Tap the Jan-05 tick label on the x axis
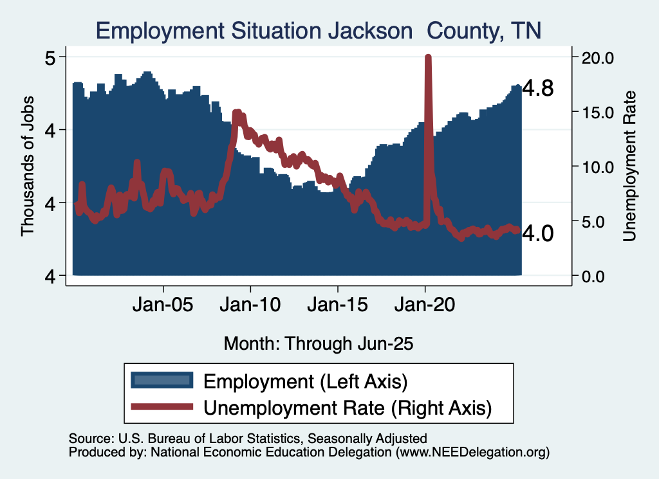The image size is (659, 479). (163, 305)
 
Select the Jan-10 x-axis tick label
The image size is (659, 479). (250, 305)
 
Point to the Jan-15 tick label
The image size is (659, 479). (338, 305)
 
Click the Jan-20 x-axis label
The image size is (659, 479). (425, 305)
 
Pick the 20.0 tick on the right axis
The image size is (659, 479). (598, 58)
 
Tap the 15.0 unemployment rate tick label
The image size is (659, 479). (598, 113)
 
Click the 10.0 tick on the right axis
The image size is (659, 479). (598, 167)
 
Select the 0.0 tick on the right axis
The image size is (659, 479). (598, 276)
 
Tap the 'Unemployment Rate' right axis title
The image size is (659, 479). (629, 167)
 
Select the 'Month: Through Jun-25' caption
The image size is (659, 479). (318, 343)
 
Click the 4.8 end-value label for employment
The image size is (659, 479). (537, 89)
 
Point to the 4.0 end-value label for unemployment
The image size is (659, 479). (537, 233)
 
